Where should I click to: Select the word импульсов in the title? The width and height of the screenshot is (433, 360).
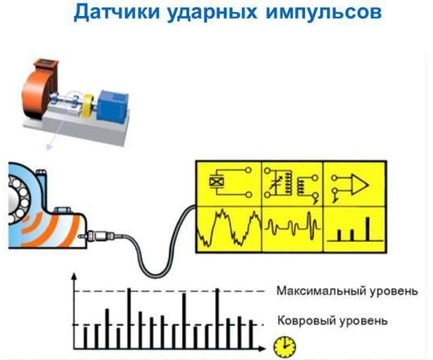click(x=324, y=13)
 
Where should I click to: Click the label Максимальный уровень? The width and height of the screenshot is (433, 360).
click(x=347, y=291)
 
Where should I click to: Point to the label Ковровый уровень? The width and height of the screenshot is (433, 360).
click(x=332, y=321)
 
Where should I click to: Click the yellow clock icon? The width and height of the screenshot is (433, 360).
click(x=284, y=346)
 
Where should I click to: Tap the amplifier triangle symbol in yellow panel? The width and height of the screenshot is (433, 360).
click(x=360, y=185)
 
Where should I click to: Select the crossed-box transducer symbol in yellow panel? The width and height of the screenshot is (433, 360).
click(x=216, y=182)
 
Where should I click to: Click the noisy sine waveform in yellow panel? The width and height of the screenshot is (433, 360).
click(x=228, y=227)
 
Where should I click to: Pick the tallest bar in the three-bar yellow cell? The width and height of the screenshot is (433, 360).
click(x=367, y=229)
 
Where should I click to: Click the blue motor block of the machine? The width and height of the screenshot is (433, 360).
click(x=113, y=105)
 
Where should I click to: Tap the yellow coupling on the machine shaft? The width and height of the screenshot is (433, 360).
click(x=88, y=106)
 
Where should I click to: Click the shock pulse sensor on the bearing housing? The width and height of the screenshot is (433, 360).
click(x=101, y=236)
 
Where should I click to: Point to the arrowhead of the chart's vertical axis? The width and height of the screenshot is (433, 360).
click(x=73, y=277)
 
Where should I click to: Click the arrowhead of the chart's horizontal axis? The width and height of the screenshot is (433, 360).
click(x=261, y=349)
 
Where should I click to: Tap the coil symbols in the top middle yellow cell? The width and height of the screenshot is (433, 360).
click(x=294, y=184)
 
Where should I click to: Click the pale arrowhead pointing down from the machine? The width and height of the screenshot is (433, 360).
click(x=50, y=147)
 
